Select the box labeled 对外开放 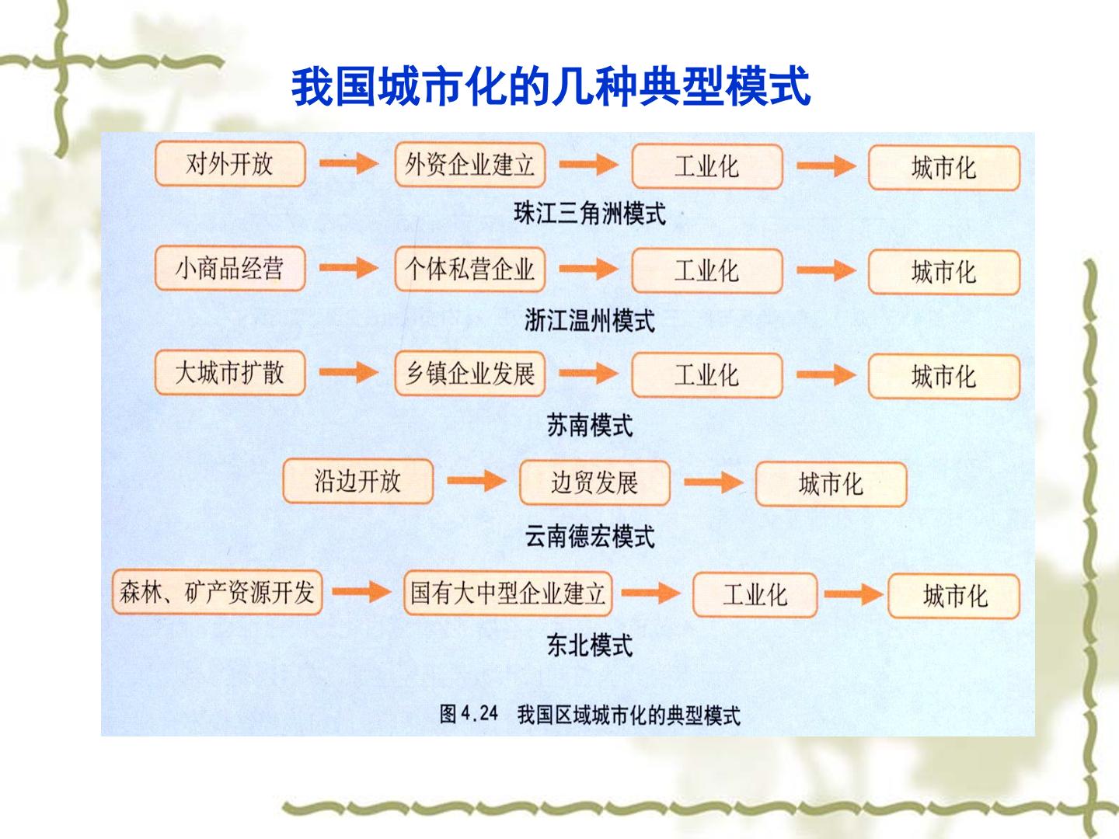[x=231, y=164]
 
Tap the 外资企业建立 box [x=470, y=165]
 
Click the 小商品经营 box [x=231, y=269]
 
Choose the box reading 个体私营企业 [x=470, y=270]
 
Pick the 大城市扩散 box [x=231, y=373]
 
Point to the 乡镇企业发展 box [x=470, y=374]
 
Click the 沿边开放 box [x=358, y=482]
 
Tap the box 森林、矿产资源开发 [x=217, y=593]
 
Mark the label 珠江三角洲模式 [x=590, y=214]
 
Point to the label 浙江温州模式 [x=590, y=321]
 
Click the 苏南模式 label [x=590, y=426]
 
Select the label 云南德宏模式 [x=590, y=536]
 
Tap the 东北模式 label [x=590, y=646]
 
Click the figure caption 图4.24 [x=469, y=714]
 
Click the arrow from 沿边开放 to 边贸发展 [x=476, y=481]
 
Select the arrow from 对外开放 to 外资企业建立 [x=349, y=163]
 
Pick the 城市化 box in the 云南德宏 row [x=831, y=484]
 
